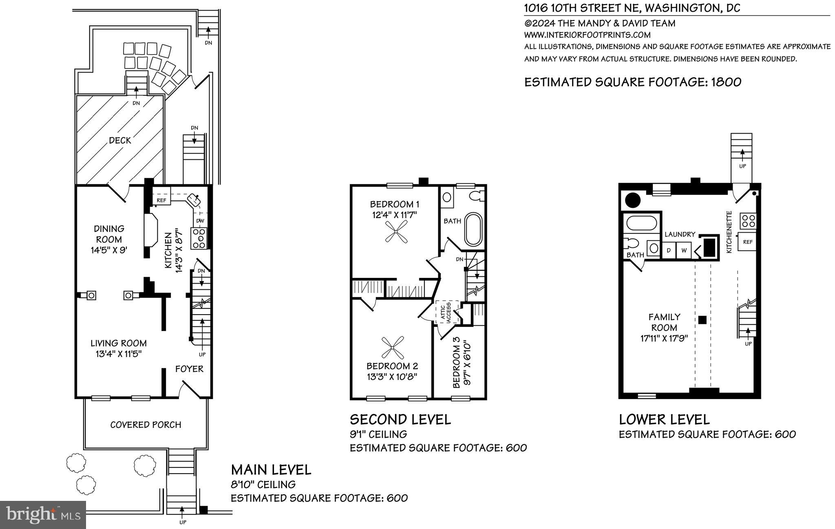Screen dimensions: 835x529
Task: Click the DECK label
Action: click(x=120, y=141)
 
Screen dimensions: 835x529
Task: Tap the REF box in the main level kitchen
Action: click(x=161, y=200)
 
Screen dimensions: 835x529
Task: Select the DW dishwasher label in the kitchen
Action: click(x=200, y=221)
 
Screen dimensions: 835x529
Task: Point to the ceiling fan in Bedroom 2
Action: click(x=392, y=347)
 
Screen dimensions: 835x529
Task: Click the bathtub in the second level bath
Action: click(x=473, y=229)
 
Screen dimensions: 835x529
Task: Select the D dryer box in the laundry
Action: click(x=669, y=250)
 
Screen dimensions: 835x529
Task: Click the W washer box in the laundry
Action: click(x=684, y=250)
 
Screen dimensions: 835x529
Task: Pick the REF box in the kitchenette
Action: click(x=747, y=242)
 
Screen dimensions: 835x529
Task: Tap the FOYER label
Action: click(x=189, y=369)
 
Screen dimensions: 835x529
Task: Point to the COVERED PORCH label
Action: click(x=146, y=425)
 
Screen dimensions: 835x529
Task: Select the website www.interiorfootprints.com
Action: click(x=587, y=35)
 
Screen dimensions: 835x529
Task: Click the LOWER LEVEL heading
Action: click(x=664, y=419)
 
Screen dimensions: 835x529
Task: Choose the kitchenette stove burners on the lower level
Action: click(x=749, y=220)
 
